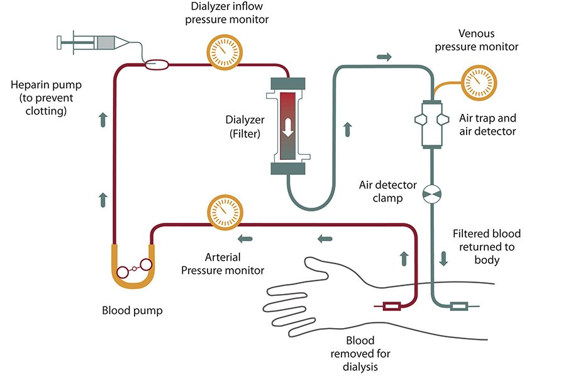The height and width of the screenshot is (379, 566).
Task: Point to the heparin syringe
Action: point(94,43)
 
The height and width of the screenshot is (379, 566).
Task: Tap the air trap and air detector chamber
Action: point(433,123)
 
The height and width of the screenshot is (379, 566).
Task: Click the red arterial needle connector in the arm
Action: point(392,307)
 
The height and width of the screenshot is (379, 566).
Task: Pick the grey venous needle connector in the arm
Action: point(459,307)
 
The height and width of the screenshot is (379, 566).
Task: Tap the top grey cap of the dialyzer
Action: point(287,83)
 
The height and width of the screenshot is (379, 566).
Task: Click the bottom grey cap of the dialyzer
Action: point(287,168)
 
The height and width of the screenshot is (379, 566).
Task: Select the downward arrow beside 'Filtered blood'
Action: point(444,258)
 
